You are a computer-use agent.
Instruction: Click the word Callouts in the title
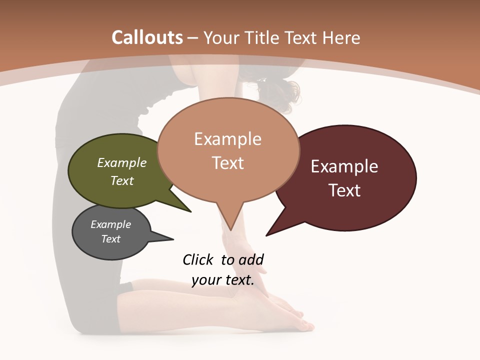tap(147, 37)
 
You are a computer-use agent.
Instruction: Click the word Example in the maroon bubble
tap(344, 166)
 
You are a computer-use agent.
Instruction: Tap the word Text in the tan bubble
tap(228, 163)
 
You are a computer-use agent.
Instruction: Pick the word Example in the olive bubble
tap(122, 162)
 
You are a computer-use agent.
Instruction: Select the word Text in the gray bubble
tap(111, 239)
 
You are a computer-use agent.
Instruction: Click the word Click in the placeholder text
tap(198, 259)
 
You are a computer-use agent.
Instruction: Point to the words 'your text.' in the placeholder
tap(223, 280)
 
